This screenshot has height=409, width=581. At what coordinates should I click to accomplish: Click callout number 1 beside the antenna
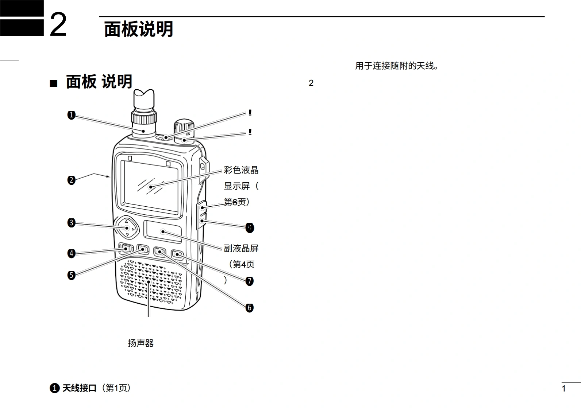(71, 115)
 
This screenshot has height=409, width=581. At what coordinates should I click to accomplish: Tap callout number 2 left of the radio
(71, 180)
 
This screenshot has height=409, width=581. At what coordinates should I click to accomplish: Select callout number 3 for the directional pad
(71, 223)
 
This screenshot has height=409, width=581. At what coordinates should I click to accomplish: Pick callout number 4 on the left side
(71, 253)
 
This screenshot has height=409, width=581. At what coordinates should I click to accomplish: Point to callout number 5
(71, 275)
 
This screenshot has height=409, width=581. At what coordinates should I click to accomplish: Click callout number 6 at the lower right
(250, 308)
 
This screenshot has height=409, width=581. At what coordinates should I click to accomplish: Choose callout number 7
(250, 281)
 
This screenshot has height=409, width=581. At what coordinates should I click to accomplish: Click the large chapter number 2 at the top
(58, 25)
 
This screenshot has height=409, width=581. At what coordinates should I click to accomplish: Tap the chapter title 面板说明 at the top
(139, 29)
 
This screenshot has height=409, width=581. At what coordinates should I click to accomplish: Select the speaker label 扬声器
(141, 343)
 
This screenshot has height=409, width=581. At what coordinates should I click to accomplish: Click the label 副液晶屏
(241, 248)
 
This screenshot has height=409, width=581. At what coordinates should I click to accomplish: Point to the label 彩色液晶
(241, 170)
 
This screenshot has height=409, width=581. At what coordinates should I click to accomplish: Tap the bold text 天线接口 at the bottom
(79, 388)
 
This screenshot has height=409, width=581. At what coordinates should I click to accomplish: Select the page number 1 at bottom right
(563, 389)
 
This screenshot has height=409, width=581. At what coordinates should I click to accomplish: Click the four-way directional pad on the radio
(127, 228)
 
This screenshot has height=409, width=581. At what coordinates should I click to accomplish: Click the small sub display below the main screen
(163, 231)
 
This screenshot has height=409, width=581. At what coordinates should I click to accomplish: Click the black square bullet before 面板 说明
(53, 84)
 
